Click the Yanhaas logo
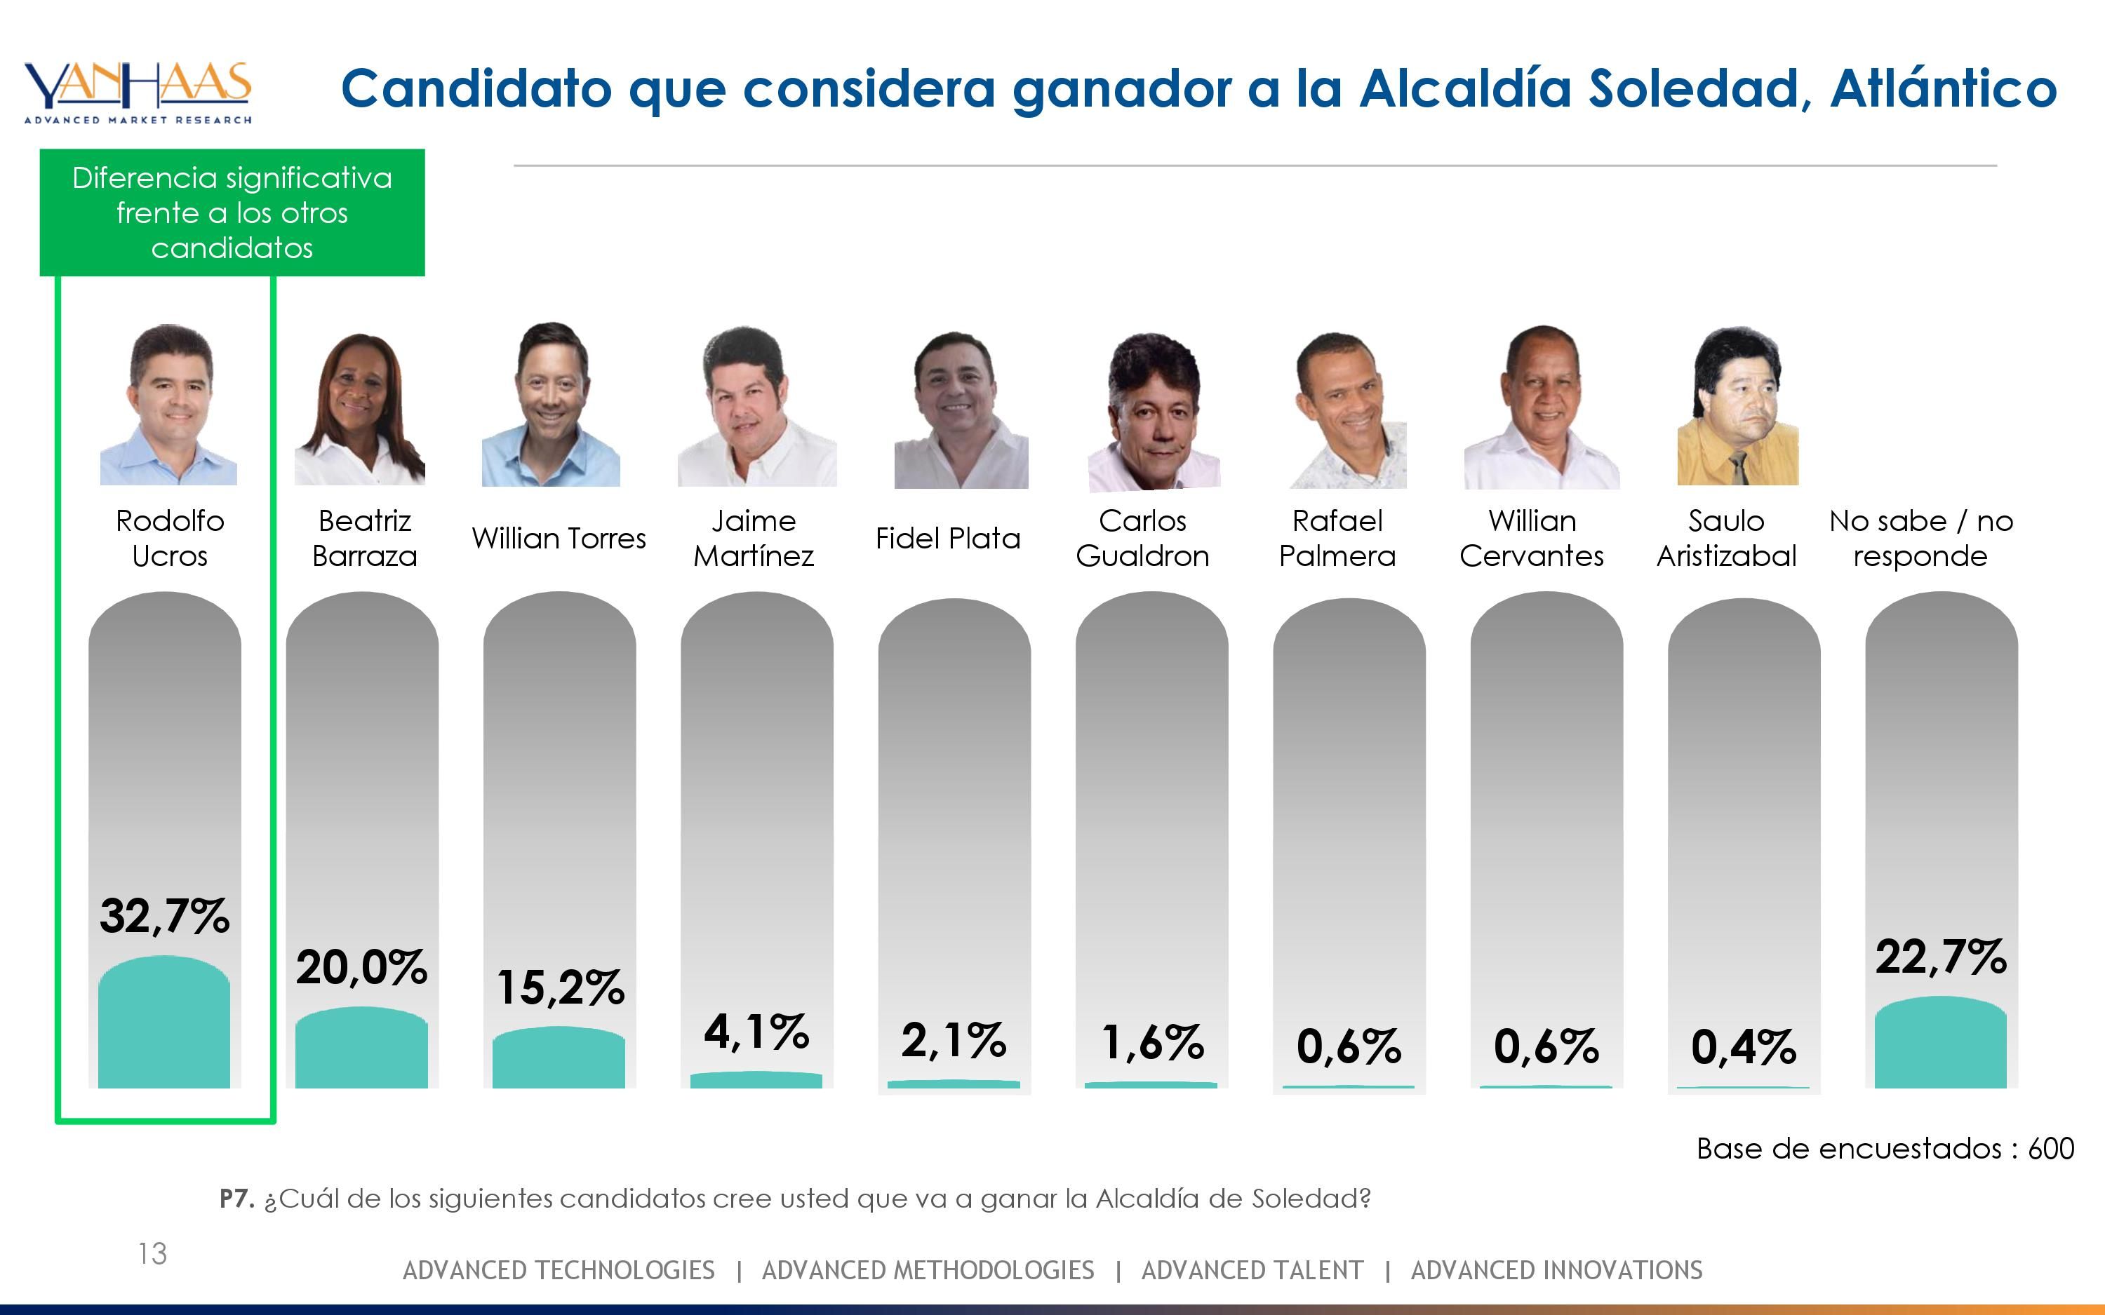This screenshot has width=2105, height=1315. point(138,92)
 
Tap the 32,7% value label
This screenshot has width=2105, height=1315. point(164,917)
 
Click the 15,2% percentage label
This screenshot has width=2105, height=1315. point(560,988)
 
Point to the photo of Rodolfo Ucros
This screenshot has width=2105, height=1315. point(168,405)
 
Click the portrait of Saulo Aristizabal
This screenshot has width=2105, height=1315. point(1738,407)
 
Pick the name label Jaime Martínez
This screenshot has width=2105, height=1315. point(754,539)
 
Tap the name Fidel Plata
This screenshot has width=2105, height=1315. point(947,539)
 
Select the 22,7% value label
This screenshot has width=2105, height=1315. point(1941,957)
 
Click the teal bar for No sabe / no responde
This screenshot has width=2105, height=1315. point(1941,1044)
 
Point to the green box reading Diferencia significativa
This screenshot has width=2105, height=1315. point(232,213)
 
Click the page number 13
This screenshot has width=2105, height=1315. point(152,1253)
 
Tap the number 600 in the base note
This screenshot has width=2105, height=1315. point(2051,1149)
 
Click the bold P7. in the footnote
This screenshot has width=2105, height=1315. point(236,1199)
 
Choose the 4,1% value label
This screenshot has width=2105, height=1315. point(756,1032)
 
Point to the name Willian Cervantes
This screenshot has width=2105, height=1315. point(1532,539)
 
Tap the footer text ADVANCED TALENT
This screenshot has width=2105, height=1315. point(1252,1271)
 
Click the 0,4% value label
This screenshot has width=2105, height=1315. point(1743,1047)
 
